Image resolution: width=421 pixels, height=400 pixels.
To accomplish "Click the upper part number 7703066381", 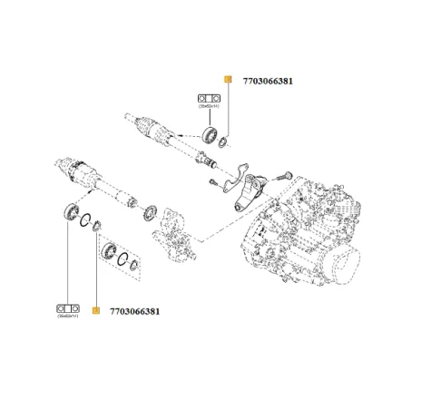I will click(x=268, y=81).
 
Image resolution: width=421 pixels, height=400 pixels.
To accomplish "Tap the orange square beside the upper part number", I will click(x=228, y=80).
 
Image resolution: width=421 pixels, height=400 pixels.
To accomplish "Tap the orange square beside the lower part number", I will click(x=95, y=311).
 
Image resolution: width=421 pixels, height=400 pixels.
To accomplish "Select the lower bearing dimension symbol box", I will click(x=68, y=304).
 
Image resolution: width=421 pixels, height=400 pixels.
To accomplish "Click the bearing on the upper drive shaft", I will click(x=209, y=137).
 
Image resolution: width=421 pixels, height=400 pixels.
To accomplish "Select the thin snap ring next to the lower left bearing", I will click(x=84, y=219).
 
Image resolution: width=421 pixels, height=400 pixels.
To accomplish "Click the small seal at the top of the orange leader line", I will click(x=96, y=226).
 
